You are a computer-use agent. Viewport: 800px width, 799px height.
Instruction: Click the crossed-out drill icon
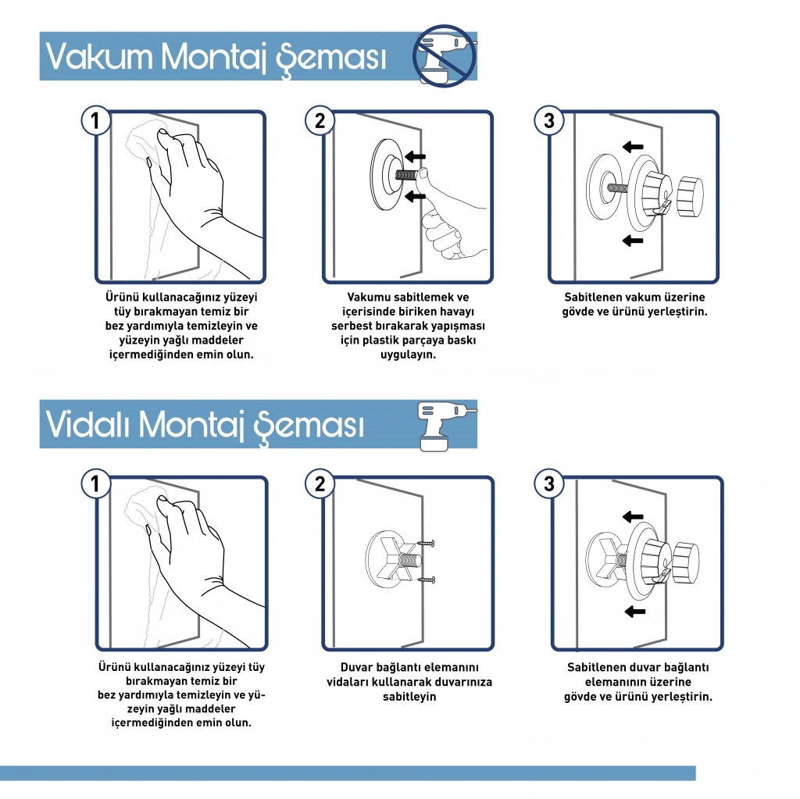[x=445, y=55]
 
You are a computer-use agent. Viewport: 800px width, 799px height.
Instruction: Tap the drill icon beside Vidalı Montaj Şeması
[x=446, y=426]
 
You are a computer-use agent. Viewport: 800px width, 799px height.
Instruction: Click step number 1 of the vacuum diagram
[x=95, y=120]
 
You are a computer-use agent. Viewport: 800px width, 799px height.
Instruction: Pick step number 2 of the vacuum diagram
[x=320, y=120]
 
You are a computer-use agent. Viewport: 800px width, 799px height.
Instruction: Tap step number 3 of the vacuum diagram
[x=549, y=120]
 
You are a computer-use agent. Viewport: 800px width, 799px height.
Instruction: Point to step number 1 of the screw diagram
[x=95, y=483]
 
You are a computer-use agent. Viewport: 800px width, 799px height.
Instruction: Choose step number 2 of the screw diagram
[x=320, y=483]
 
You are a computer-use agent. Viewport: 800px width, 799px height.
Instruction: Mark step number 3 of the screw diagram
[x=549, y=483]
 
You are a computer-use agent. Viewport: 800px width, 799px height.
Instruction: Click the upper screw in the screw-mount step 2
[x=426, y=544]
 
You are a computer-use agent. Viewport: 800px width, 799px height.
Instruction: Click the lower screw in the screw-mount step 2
[x=426, y=580]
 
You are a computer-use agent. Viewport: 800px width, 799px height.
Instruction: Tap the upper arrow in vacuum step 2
[x=415, y=157]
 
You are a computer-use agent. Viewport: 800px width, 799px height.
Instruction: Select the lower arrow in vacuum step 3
[x=633, y=241]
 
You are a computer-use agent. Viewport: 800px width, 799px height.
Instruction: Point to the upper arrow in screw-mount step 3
[x=633, y=516]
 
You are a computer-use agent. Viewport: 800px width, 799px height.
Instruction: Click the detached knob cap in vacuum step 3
[x=690, y=196]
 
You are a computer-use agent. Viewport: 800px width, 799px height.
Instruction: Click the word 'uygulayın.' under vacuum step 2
[x=408, y=355]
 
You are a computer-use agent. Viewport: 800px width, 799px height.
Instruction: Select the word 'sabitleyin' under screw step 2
[x=409, y=697]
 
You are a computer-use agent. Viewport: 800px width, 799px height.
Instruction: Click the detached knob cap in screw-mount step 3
[x=686, y=563]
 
